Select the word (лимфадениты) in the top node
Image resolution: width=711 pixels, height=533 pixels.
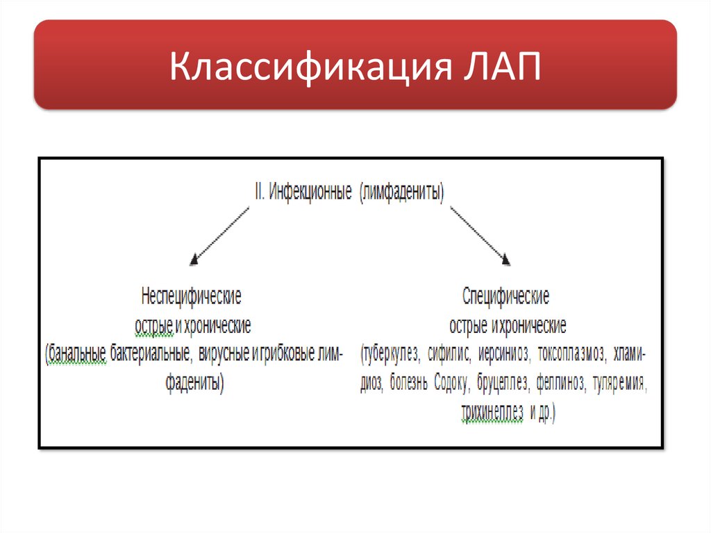[402, 192]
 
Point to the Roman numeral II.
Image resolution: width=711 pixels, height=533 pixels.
[258, 192]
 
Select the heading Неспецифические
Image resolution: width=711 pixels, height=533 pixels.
[192, 297]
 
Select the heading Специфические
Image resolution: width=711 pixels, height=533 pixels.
[505, 297]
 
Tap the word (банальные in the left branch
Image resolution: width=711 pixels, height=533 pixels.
[76, 354]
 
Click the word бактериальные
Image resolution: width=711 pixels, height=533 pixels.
[151, 354]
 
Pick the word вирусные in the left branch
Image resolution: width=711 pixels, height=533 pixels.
[224, 354]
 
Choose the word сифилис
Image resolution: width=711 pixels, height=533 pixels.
[449, 354]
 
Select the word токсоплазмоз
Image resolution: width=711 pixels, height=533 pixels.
[571, 354]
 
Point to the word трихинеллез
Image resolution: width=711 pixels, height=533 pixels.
[492, 412]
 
